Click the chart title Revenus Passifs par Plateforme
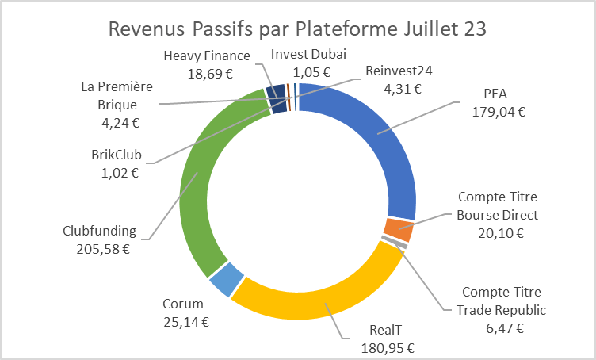coord(297,29)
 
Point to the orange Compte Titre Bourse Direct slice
coord(399,229)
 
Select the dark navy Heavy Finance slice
coord(277,99)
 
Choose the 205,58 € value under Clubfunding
coord(99,248)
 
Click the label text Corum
coord(183,304)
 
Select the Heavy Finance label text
coord(207,56)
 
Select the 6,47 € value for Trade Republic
coord(503,327)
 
